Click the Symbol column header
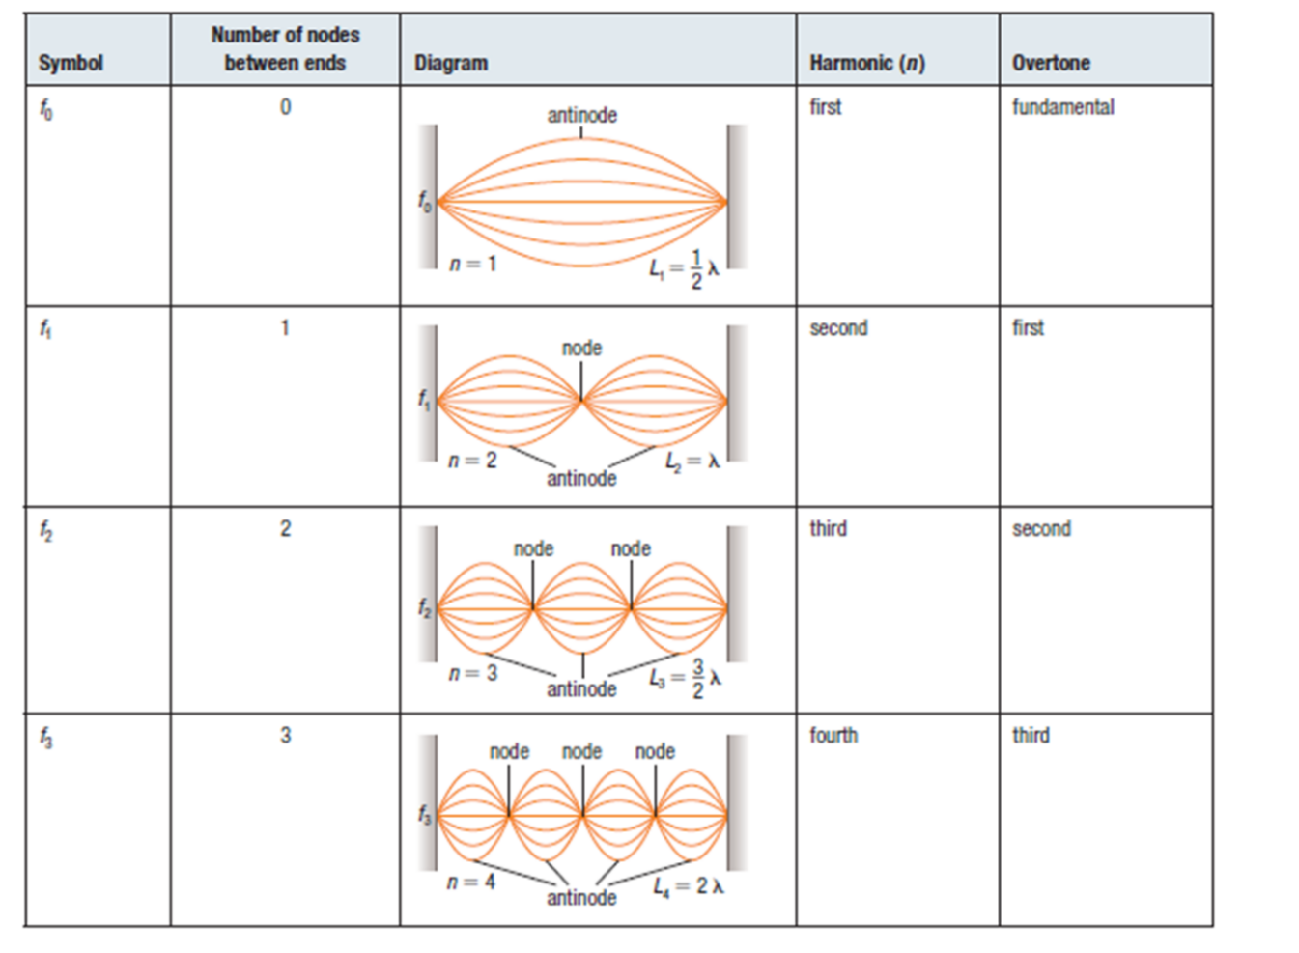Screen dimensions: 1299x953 pyautogui.click(x=71, y=63)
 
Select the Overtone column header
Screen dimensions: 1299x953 pyautogui.click(x=1051, y=63)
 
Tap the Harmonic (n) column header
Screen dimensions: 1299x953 pyautogui.click(x=867, y=63)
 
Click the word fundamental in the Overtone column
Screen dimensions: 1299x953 pyautogui.click(x=1063, y=107)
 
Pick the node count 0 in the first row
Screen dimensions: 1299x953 pyautogui.click(x=285, y=107)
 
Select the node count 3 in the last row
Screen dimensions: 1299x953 pyautogui.click(x=285, y=736)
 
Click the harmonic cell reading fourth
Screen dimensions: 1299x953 pyautogui.click(x=833, y=736)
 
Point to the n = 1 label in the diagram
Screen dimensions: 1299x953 pyautogui.click(x=472, y=265)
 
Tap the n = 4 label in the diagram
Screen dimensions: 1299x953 pyautogui.click(x=471, y=883)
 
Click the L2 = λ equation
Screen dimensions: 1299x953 pyautogui.click(x=692, y=462)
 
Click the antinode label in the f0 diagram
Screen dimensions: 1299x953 pyautogui.click(x=581, y=115)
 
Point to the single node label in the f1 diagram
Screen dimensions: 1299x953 pyautogui.click(x=581, y=349)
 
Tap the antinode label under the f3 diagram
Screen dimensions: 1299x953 pyautogui.click(x=581, y=898)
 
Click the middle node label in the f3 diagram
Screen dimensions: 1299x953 pyautogui.click(x=581, y=752)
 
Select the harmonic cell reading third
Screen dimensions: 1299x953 pyautogui.click(x=828, y=529)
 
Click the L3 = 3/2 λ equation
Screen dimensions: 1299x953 pyautogui.click(x=686, y=678)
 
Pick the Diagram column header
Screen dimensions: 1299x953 pyautogui.click(x=451, y=63)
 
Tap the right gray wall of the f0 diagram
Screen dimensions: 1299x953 pyautogui.click(x=737, y=197)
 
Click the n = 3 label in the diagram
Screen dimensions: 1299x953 pyautogui.click(x=472, y=674)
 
